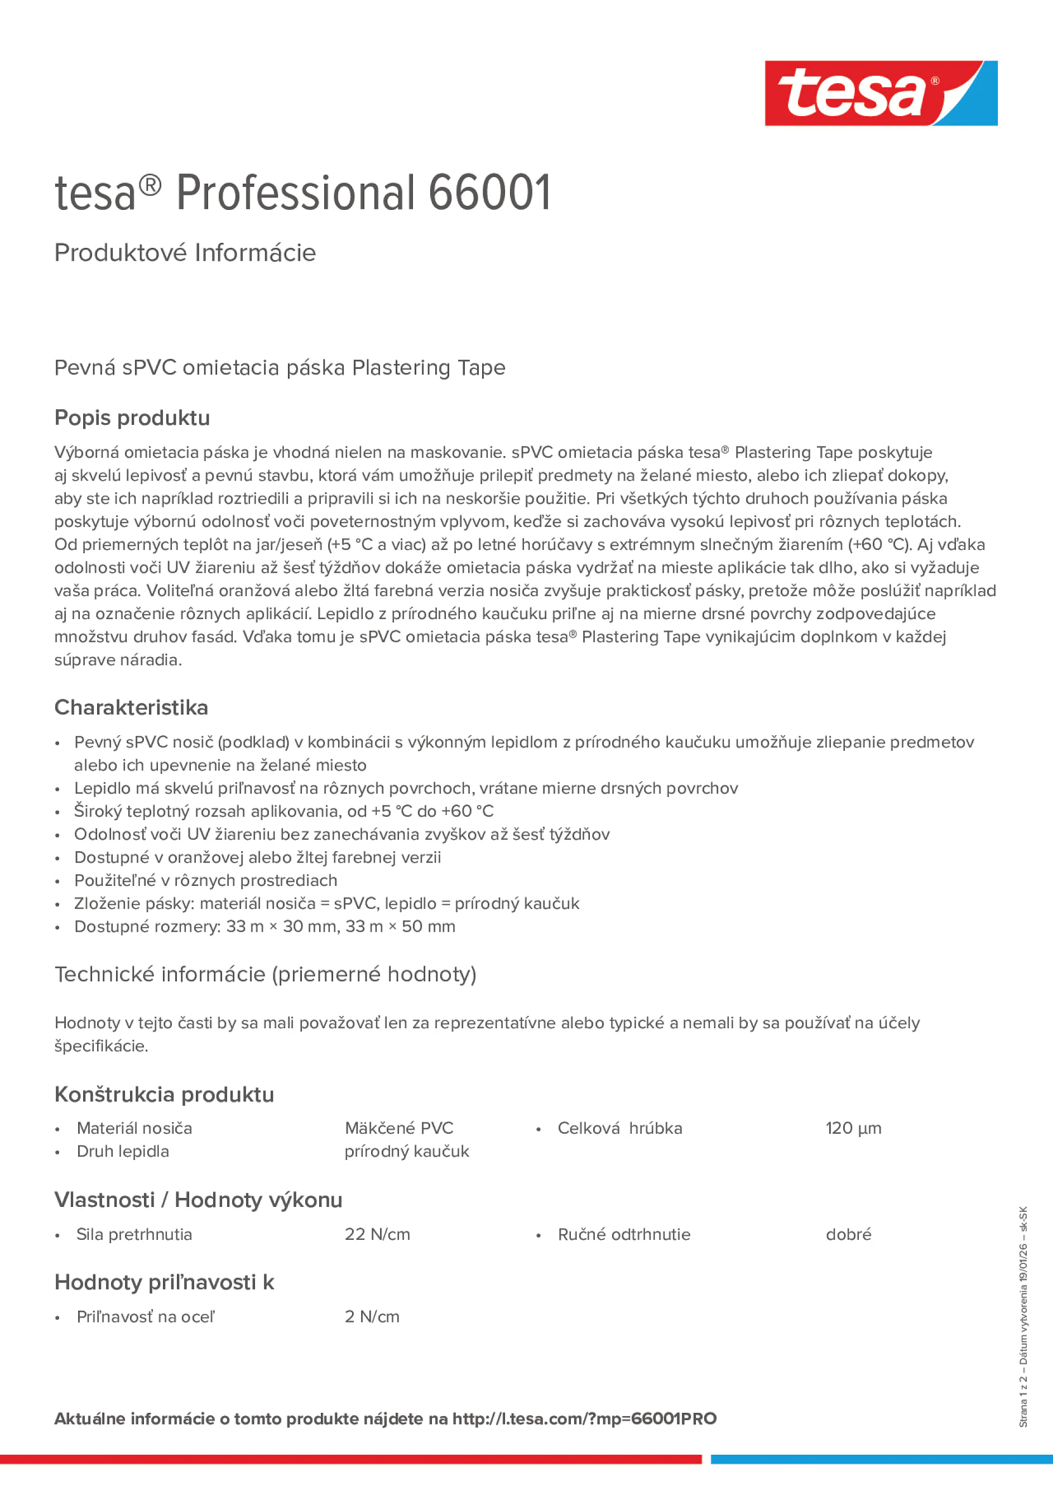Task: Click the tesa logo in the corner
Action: [x=881, y=93]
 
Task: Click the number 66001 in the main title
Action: [x=489, y=193]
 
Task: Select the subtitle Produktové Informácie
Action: [x=185, y=253]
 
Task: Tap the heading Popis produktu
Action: [x=132, y=418]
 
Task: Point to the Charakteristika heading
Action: [x=131, y=707]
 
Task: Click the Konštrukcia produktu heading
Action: [x=164, y=1094]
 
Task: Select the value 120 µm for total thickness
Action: [x=853, y=1128]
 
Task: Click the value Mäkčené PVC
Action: [x=398, y=1128]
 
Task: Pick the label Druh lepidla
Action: [x=123, y=1152]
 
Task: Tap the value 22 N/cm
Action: [x=377, y=1234]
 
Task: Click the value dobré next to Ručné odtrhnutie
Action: [x=848, y=1234]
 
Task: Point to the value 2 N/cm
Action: [x=372, y=1316]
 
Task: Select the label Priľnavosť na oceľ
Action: [x=146, y=1316]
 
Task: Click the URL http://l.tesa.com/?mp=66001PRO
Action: [x=584, y=1418]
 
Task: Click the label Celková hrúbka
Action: [x=619, y=1128]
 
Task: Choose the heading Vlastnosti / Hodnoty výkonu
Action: [x=198, y=1200]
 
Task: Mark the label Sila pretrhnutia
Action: [x=134, y=1234]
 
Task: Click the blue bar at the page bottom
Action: [x=881, y=1459]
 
